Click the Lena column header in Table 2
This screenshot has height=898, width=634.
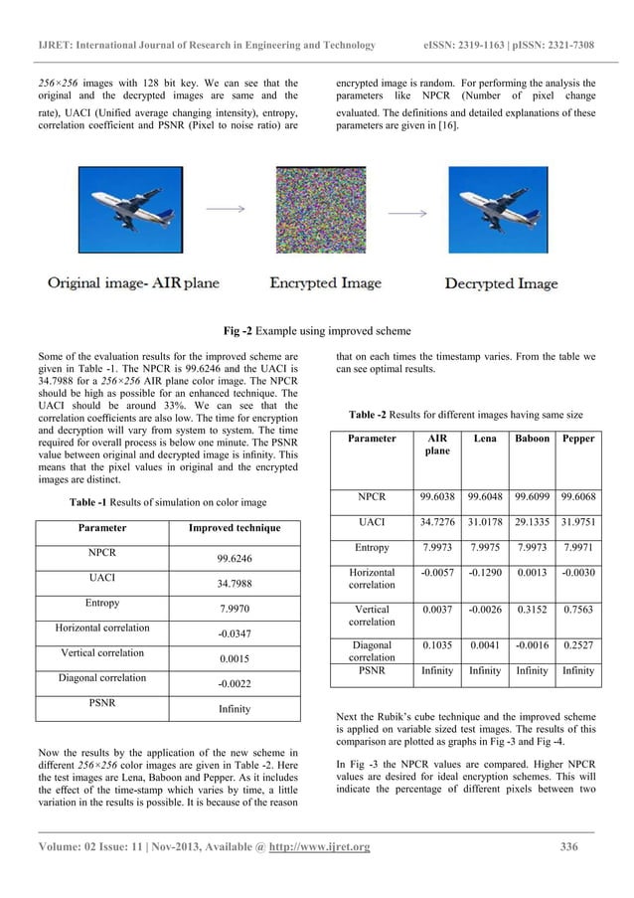484,438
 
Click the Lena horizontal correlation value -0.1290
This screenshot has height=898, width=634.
484,574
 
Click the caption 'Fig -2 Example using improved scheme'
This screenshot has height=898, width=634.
316,329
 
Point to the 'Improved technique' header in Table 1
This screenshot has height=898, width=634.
235,527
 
